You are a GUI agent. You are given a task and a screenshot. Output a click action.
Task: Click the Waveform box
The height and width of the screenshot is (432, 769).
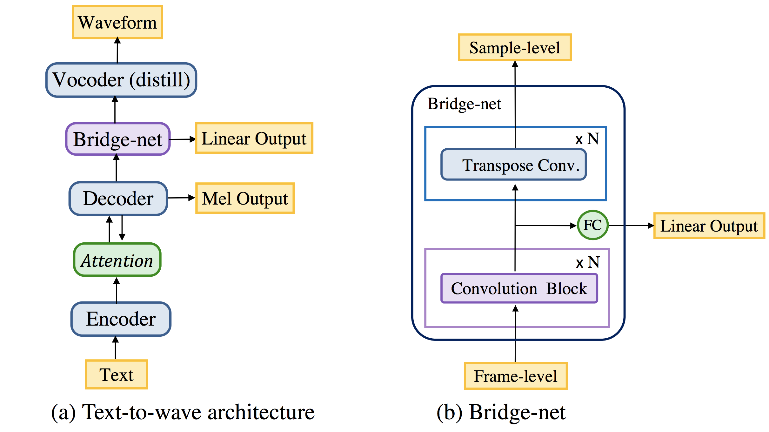[117, 22]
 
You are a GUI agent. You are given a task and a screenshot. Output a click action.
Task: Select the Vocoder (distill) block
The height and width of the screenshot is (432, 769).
[121, 80]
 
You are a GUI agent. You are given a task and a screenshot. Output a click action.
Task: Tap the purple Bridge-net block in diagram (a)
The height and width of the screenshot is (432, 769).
[118, 139]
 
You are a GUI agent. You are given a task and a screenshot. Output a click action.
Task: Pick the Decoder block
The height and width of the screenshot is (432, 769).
[118, 199]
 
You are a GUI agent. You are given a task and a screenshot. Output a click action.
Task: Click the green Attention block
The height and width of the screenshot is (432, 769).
[117, 260]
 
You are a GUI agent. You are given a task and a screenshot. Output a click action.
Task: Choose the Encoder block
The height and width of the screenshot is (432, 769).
[121, 319]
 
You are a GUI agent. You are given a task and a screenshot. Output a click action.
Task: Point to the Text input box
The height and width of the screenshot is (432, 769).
[117, 375]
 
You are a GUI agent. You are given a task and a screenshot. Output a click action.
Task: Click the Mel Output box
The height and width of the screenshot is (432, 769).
[245, 198]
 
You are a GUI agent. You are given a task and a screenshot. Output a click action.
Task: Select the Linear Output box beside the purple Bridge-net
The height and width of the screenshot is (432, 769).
[254, 138]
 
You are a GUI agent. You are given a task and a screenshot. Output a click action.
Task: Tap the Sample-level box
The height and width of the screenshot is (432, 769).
[515, 47]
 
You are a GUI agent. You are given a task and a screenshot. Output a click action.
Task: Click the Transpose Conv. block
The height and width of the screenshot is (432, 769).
[514, 165]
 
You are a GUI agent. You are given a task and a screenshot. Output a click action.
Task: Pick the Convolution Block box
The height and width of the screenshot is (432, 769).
[519, 288]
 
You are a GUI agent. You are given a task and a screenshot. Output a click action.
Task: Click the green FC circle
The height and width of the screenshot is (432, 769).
[592, 225]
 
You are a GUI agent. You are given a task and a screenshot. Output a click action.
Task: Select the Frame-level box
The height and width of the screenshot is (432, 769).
[516, 376]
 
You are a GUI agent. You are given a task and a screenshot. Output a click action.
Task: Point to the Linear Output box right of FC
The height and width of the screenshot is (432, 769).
[709, 226]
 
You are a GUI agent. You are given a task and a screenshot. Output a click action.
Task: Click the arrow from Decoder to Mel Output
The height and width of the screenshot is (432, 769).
[181, 198]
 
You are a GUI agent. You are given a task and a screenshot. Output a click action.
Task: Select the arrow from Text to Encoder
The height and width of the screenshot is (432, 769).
[116, 348]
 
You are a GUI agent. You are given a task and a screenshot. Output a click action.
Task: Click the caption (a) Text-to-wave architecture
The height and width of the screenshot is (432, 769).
[183, 412]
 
